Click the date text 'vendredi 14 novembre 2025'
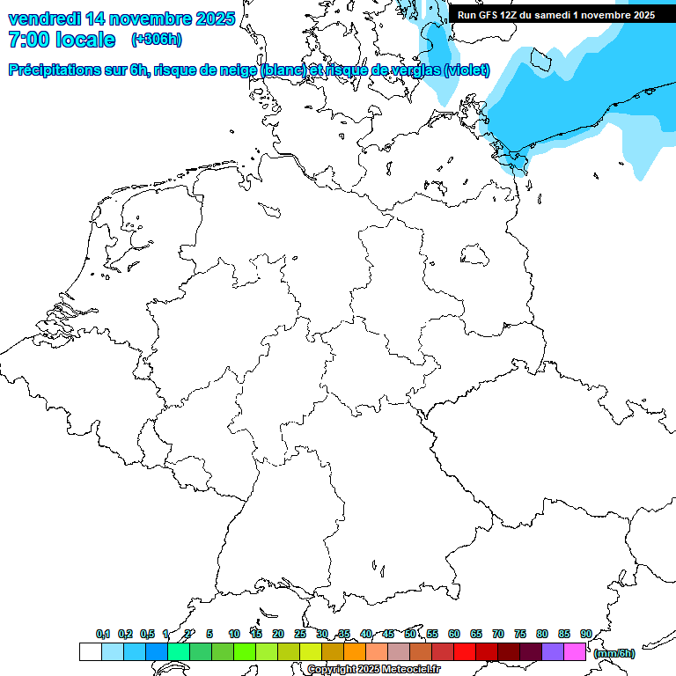click(x=121, y=18)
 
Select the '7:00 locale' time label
click(x=62, y=40)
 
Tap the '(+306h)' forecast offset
click(x=157, y=40)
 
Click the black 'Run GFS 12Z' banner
click(x=555, y=15)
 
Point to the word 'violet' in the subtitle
click(x=467, y=70)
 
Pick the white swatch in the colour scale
click(x=90, y=651)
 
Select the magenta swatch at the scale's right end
click(x=575, y=651)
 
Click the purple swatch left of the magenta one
click(x=553, y=651)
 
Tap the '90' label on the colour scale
click(x=586, y=634)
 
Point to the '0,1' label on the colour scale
click(x=102, y=634)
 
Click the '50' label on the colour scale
click(x=410, y=634)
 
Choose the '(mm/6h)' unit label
click(x=614, y=653)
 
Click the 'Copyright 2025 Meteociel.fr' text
click(x=373, y=670)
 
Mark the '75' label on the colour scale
click(x=520, y=634)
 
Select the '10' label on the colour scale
click(x=234, y=634)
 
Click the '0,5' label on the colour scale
click(x=147, y=634)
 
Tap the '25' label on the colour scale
click(x=300, y=634)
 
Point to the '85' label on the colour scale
click(x=564, y=634)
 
